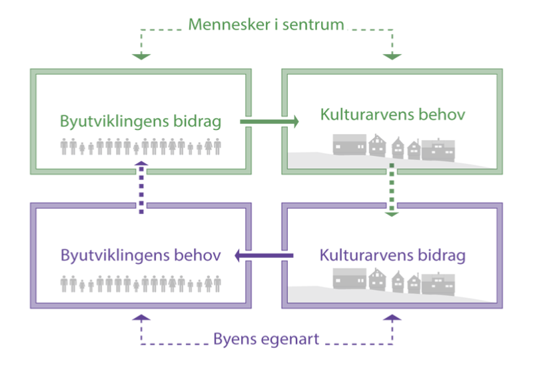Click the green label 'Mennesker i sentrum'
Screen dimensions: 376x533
click(x=266, y=25)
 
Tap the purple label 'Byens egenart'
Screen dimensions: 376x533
click(x=266, y=339)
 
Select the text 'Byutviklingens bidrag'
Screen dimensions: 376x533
click(x=141, y=121)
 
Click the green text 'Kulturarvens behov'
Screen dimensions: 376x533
click(x=392, y=114)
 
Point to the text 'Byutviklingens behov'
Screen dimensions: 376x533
click(x=141, y=255)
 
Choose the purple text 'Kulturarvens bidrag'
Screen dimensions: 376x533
click(x=392, y=255)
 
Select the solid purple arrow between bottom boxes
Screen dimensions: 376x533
click(x=263, y=255)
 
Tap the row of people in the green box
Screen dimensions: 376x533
click(x=141, y=146)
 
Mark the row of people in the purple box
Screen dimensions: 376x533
click(x=141, y=284)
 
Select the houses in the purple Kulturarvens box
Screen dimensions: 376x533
click(x=394, y=281)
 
